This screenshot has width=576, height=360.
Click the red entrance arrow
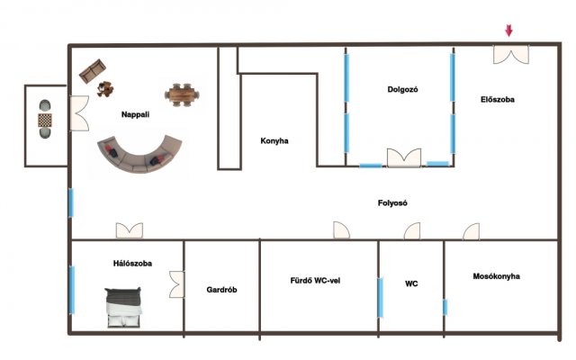click(x=508, y=31)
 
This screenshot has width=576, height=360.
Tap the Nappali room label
click(x=135, y=114)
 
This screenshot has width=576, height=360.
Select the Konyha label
click(x=274, y=140)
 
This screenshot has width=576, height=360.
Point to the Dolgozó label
click(x=402, y=89)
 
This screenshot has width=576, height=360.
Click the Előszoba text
click(x=498, y=99)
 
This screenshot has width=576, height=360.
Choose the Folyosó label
click(x=392, y=202)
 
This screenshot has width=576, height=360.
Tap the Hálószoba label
click(x=132, y=264)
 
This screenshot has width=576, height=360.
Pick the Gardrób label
click(x=221, y=290)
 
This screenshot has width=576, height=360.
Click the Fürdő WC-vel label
click(x=315, y=281)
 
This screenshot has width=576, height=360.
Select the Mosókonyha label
click(x=496, y=276)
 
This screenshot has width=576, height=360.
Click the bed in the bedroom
click(x=123, y=307)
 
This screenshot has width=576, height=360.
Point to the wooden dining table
click(x=182, y=95)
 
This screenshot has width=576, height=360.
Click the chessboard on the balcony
click(x=45, y=120)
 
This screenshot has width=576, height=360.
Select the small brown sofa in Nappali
click(x=93, y=71)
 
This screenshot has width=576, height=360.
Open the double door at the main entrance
click(x=511, y=54)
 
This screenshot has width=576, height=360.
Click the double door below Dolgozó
click(x=404, y=157)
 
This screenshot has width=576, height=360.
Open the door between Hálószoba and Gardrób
click(x=176, y=284)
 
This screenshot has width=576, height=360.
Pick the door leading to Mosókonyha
click(x=472, y=231)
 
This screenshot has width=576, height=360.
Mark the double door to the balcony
click(x=79, y=113)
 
